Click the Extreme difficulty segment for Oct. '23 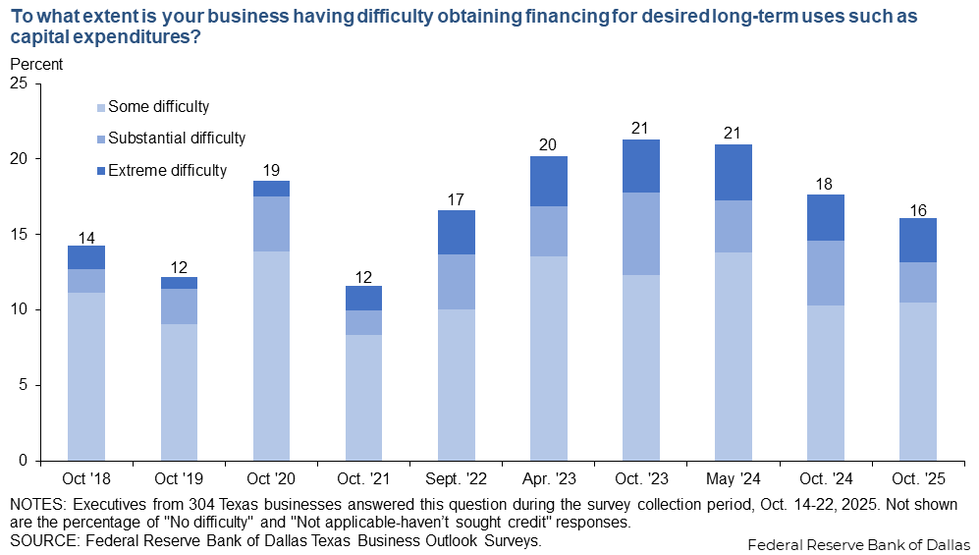(x=641, y=166)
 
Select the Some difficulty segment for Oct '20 (x=271, y=356)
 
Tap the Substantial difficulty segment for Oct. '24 (x=826, y=273)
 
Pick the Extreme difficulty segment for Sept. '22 (x=457, y=232)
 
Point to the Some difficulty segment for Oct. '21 (x=364, y=397)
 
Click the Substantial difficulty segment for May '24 (x=734, y=226)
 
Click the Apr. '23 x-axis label (x=549, y=480)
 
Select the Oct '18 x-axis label (x=86, y=480)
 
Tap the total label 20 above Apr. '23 (x=549, y=144)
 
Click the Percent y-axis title (x=35, y=64)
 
